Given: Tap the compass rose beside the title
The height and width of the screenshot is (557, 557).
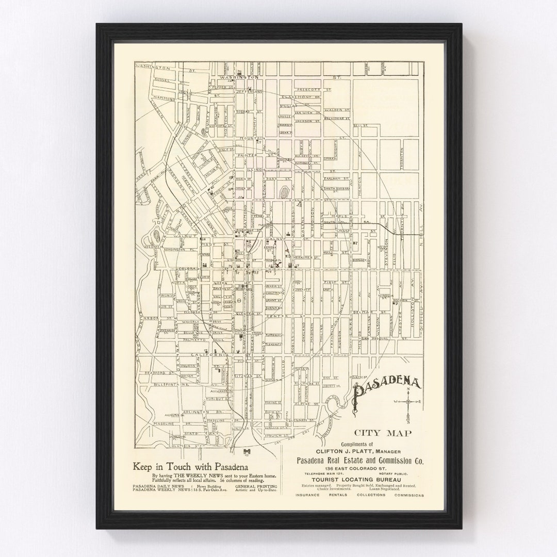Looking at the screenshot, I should point(408,401).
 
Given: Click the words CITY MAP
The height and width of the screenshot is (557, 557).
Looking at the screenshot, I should point(382,433).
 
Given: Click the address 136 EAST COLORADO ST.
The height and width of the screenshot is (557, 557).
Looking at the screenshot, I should point(360,467).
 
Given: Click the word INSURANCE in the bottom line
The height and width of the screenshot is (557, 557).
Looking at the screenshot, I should point(307,495).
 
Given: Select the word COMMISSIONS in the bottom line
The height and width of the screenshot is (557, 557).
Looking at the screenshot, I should point(409,495).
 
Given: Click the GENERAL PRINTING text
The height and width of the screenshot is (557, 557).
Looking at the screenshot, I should point(256,486).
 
